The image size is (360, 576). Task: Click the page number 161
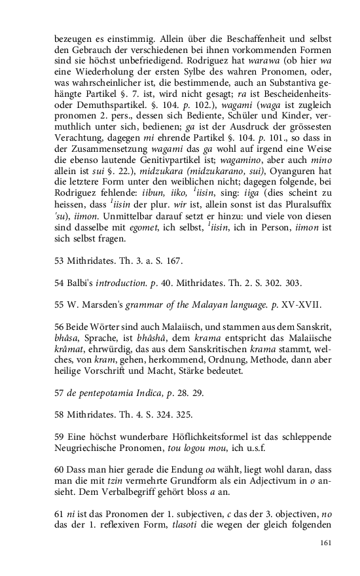click(326, 543)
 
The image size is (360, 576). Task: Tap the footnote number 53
click(60, 261)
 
